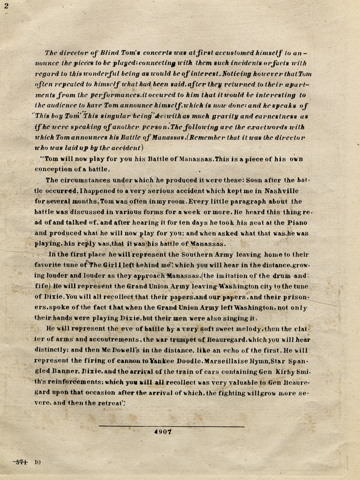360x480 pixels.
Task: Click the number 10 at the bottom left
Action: click(x=38, y=461)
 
